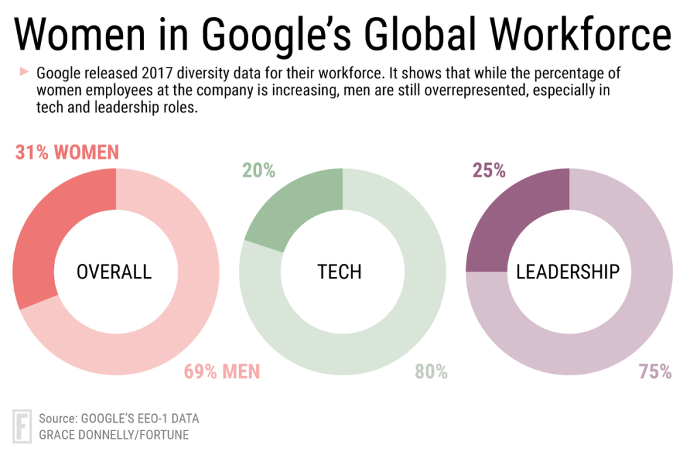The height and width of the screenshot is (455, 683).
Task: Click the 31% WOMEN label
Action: click(67, 152)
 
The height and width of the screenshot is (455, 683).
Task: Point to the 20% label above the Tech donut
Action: click(259, 171)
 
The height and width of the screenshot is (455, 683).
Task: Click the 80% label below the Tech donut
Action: click(431, 372)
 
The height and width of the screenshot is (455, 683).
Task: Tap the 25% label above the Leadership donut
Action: click(488, 171)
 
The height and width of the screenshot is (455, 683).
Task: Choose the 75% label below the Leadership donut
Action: click(655, 372)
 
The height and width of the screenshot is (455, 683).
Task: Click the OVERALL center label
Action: click(114, 272)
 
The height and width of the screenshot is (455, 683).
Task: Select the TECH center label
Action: click(339, 272)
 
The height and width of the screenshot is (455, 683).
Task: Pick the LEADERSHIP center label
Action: click(568, 272)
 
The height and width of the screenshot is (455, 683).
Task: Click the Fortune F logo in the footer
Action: click(22, 426)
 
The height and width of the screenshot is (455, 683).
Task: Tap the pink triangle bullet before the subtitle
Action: click(24, 71)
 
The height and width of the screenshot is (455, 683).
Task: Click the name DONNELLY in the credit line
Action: click(113, 435)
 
